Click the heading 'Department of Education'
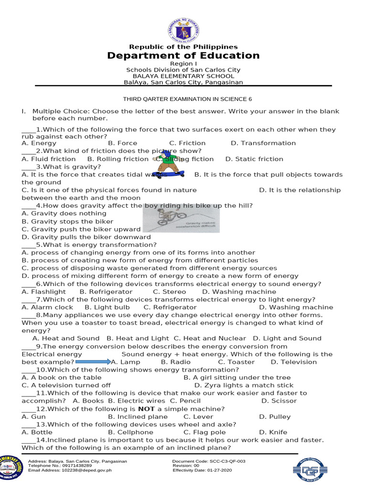click(x=183, y=55)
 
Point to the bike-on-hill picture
click(x=181, y=220)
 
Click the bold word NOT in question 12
click(x=147, y=409)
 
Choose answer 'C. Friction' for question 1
click(x=187, y=143)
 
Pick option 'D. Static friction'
click(x=254, y=159)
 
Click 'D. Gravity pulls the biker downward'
click(x=86, y=237)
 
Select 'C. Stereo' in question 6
click(x=170, y=292)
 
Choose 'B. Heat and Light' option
click(x=138, y=339)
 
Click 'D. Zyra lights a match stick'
click(x=244, y=385)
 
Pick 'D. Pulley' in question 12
click(x=275, y=417)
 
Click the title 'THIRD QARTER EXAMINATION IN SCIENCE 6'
click(x=187, y=99)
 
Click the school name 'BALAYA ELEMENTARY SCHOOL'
click(x=183, y=76)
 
